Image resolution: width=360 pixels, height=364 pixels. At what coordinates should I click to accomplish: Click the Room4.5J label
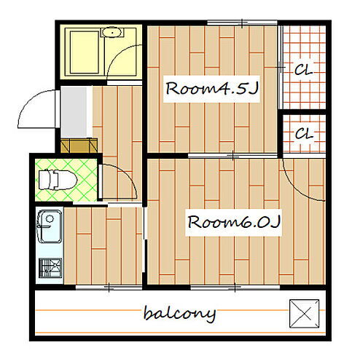(x=211, y=89)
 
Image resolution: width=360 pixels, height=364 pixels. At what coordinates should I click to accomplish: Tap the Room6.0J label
(x=234, y=222)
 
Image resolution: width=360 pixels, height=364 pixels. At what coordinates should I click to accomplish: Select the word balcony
(x=179, y=314)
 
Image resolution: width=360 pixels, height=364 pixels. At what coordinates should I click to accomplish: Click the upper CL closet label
(x=303, y=70)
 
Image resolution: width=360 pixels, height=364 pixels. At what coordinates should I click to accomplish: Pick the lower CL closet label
(x=305, y=134)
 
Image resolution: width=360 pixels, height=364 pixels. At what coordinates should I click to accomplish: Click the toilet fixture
(x=58, y=180)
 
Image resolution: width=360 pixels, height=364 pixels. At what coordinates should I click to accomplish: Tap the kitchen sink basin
(x=50, y=226)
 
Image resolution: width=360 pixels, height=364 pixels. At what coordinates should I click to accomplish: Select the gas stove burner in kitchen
(x=50, y=268)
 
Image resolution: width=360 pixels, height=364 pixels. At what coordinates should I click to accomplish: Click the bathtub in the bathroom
(x=85, y=52)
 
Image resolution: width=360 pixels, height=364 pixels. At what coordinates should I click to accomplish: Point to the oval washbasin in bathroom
(x=111, y=32)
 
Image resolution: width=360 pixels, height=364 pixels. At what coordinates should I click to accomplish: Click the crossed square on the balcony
(x=304, y=313)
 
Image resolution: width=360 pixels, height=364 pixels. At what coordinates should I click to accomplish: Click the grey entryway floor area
(x=74, y=112)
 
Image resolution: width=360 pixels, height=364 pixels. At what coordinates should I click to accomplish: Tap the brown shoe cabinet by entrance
(x=79, y=146)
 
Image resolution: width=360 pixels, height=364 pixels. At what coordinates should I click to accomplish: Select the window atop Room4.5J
(x=242, y=23)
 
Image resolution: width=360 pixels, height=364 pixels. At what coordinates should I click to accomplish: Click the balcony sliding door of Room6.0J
(x=235, y=288)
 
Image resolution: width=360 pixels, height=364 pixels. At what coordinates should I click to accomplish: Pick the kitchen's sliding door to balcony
(x=109, y=288)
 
